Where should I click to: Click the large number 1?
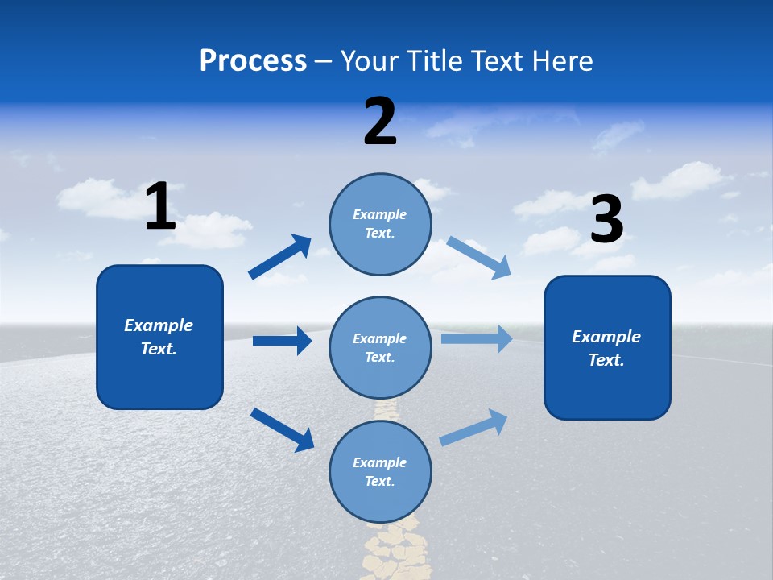[x=160, y=206]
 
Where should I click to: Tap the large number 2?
[x=380, y=122]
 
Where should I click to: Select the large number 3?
[x=607, y=220]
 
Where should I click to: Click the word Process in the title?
[x=253, y=60]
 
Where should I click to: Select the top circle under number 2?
[x=380, y=224]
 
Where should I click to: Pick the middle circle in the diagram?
[x=380, y=348]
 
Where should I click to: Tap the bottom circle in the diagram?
[x=380, y=472]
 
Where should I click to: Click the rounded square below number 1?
[x=159, y=337]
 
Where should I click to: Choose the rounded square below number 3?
[x=607, y=348]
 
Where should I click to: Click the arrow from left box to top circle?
[x=280, y=257]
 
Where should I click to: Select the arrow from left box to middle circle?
[x=282, y=341]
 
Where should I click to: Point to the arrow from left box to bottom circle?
[x=282, y=429]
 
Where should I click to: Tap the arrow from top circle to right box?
[x=478, y=257]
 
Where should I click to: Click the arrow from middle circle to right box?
[x=476, y=339]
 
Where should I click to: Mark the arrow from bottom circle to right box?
[x=473, y=427]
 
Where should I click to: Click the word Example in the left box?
[x=159, y=325]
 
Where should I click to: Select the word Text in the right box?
[x=605, y=360]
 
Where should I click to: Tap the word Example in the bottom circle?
[x=380, y=462]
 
